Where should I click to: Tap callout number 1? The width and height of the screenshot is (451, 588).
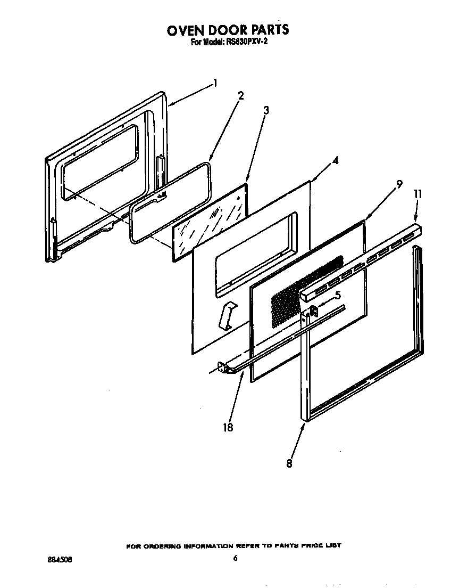(215, 83)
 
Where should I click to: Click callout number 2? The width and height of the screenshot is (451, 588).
(241, 96)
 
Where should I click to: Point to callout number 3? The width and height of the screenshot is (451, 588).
(266, 110)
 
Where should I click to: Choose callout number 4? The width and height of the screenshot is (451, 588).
(335, 160)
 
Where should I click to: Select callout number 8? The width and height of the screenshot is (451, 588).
(289, 463)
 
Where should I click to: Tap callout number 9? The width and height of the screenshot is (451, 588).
(399, 185)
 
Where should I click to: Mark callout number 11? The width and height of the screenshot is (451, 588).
(417, 194)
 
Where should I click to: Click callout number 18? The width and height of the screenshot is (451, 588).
(228, 427)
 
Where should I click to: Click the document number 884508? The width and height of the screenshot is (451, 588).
(59, 560)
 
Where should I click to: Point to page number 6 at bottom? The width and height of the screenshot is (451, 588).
(235, 558)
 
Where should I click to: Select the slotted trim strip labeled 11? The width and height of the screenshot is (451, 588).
(362, 261)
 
